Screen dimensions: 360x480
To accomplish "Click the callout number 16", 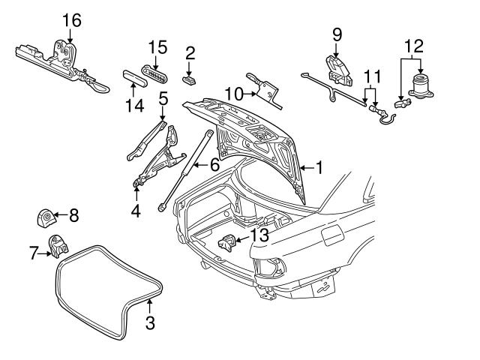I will click(71, 19).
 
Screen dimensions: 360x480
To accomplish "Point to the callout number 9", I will click(335, 34).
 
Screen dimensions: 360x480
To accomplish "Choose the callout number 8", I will click(73, 216).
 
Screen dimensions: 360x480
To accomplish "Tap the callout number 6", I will click(213, 164).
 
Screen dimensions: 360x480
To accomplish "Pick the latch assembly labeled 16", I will click(56, 54).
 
